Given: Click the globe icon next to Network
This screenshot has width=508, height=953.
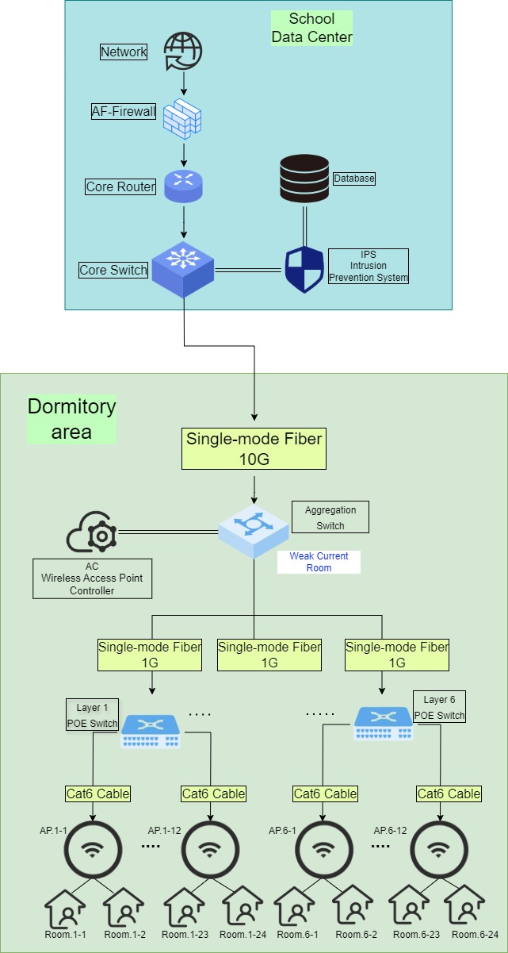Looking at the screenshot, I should coord(183,52).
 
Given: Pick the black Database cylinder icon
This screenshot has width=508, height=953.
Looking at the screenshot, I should coord(304,179).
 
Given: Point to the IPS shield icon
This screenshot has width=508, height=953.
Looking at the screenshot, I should coord(304,269).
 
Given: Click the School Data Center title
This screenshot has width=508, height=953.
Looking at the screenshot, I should coord(311,28).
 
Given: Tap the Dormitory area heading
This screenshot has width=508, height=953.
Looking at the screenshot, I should coord(71,419).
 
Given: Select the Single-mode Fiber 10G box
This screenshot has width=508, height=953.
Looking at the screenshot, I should coord(254,448).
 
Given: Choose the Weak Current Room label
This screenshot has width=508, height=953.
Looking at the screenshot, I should coord(319,562).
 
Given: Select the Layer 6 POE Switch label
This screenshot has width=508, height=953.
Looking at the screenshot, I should coord(439,707).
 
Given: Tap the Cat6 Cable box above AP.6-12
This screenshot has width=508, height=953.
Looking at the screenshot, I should coord(449,794).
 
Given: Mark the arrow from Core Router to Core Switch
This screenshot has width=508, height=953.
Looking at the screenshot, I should coord(184,221).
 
